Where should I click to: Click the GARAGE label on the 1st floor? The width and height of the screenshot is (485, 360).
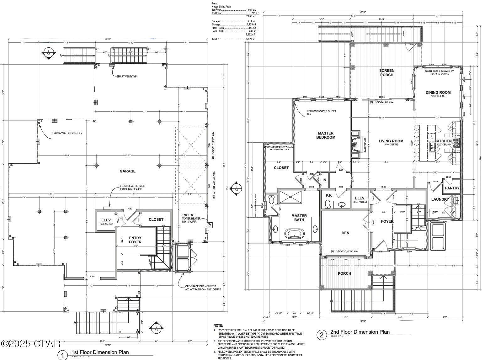click(x=127, y=171)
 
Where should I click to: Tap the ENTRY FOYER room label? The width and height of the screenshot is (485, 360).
click(x=135, y=240)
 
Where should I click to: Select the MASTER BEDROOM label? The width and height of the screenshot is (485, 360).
click(x=326, y=135)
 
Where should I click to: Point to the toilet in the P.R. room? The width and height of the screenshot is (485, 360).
click(x=328, y=204)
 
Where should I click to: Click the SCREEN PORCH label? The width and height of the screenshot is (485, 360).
click(x=386, y=73)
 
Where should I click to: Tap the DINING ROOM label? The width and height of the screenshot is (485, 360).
click(x=438, y=93)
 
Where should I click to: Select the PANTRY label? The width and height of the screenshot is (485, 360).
click(x=452, y=188)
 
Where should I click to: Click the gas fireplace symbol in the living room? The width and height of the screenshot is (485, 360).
click(x=354, y=144)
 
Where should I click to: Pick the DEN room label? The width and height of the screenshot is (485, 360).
click(x=345, y=233)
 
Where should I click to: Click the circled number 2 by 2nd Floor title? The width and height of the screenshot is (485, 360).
click(x=322, y=335)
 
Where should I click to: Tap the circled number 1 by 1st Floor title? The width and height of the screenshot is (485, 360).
click(x=63, y=355)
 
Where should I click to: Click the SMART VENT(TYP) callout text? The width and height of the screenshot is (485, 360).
click(x=127, y=77)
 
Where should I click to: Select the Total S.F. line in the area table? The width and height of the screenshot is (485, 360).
click(x=234, y=40)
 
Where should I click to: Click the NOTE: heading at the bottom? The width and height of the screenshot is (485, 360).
click(x=218, y=326)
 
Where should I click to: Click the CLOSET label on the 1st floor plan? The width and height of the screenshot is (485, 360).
click(x=156, y=220)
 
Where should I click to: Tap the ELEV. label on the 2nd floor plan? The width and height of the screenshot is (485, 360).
click(x=360, y=198)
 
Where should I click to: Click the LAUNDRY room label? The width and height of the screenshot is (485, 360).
click(x=440, y=199)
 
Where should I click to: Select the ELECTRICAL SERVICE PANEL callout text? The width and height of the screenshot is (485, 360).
click(x=132, y=188)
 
